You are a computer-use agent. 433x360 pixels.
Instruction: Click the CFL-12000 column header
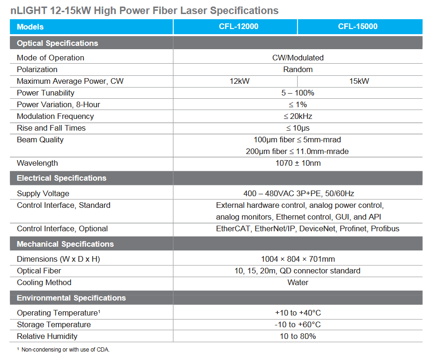235,27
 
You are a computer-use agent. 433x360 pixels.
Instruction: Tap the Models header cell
30,27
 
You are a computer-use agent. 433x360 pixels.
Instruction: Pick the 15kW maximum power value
359,81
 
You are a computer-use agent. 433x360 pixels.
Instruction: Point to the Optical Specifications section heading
57,43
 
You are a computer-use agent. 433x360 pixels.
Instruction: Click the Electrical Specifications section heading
61,178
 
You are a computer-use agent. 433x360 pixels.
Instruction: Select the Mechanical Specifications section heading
65,244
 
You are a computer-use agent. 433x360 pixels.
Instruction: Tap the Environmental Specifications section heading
71,298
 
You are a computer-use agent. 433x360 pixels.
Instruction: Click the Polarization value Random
298,69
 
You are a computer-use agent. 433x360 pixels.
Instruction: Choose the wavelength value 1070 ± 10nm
298,163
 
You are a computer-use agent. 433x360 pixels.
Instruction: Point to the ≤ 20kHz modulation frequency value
298,116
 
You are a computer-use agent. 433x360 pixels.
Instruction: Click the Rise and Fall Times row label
51,128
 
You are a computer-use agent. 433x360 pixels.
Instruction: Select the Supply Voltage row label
43,193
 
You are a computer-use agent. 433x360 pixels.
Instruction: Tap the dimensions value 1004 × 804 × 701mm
298,259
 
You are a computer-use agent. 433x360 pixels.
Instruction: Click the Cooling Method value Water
298,282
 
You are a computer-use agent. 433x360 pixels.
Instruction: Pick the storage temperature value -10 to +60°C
298,324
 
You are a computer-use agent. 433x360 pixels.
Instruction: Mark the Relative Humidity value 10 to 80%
298,336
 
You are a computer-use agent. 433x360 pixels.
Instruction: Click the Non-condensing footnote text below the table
65,350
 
